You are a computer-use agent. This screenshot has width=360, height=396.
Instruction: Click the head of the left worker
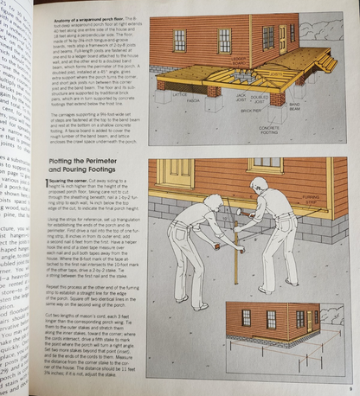coord(213,201)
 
